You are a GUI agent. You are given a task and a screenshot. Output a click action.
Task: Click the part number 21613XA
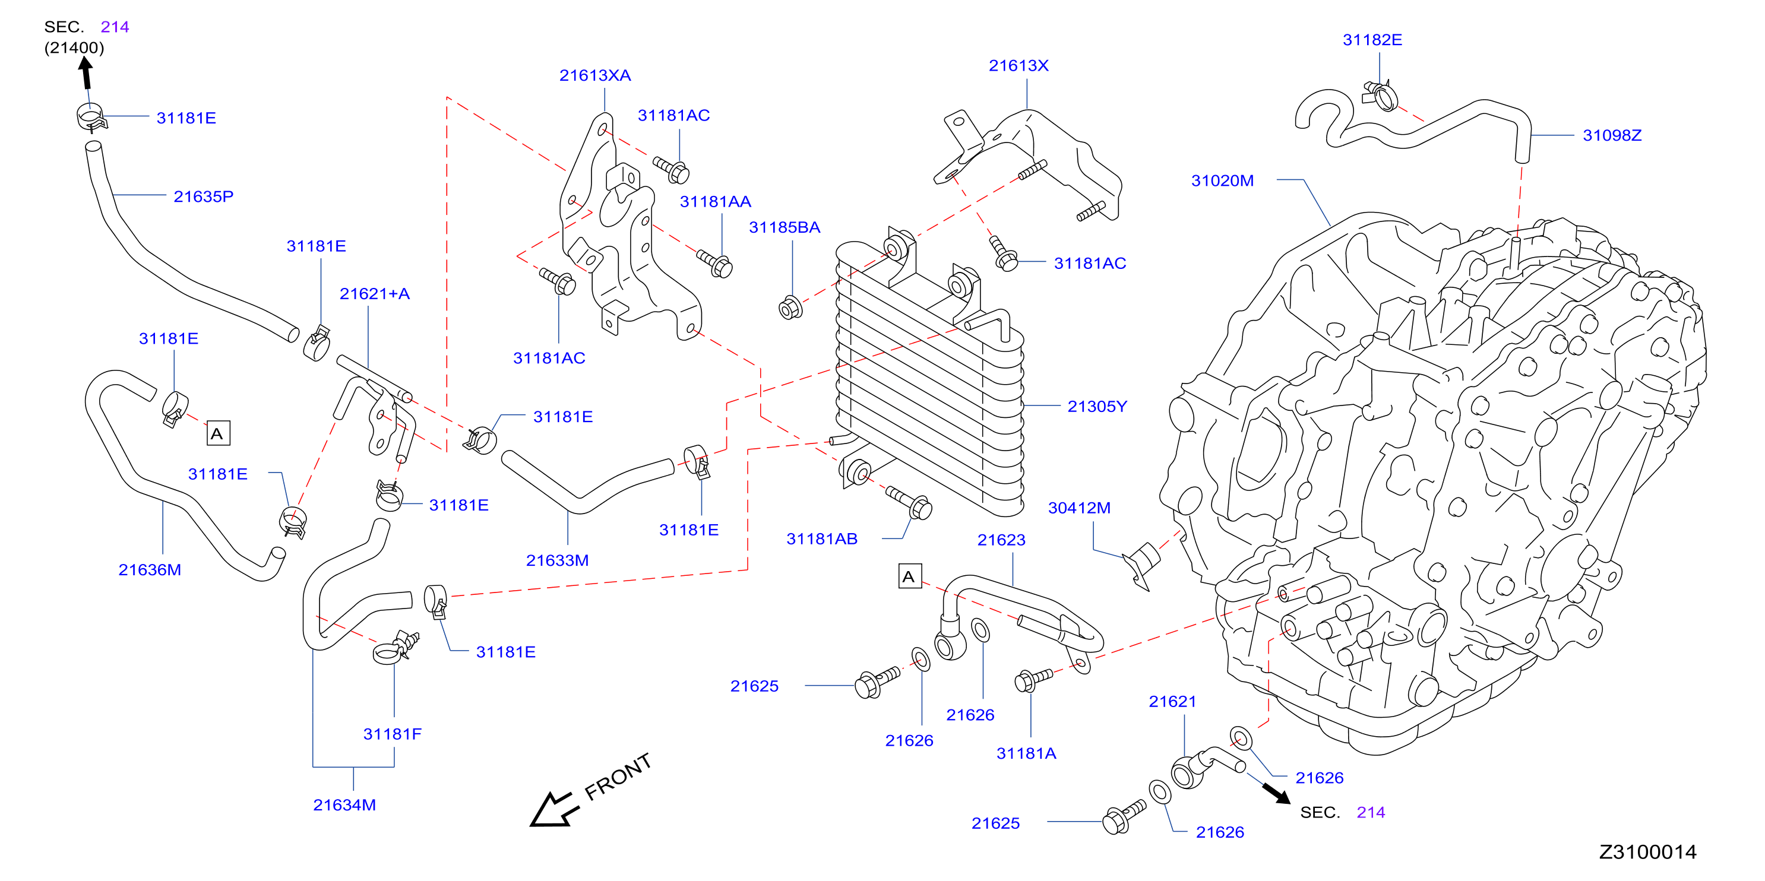tap(594, 75)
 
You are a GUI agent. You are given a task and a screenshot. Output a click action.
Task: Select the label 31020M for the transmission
tap(1222, 181)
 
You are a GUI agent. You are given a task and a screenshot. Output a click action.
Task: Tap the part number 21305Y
tap(1097, 406)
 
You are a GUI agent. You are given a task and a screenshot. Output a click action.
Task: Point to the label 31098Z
tap(1612, 135)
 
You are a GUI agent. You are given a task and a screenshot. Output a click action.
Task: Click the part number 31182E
tap(1372, 40)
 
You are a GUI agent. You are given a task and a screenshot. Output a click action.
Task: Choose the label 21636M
tap(150, 570)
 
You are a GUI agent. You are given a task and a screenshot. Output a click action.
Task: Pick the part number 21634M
tap(344, 805)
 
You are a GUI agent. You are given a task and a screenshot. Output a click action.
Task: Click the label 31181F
tap(393, 734)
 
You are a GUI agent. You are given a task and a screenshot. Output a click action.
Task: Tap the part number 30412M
tap(1079, 508)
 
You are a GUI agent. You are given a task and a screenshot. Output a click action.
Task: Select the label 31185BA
tap(785, 227)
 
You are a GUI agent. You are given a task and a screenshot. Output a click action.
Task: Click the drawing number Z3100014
tap(1648, 853)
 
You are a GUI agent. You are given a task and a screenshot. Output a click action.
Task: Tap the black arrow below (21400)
tap(86, 72)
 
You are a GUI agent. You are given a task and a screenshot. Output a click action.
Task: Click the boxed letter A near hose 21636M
tap(218, 433)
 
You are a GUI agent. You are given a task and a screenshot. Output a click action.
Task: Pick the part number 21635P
tap(204, 197)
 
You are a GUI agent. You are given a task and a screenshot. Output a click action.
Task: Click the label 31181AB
tap(822, 539)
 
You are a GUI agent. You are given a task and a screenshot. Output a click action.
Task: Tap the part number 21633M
tap(558, 560)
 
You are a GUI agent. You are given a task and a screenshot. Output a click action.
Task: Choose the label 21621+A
tap(375, 294)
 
